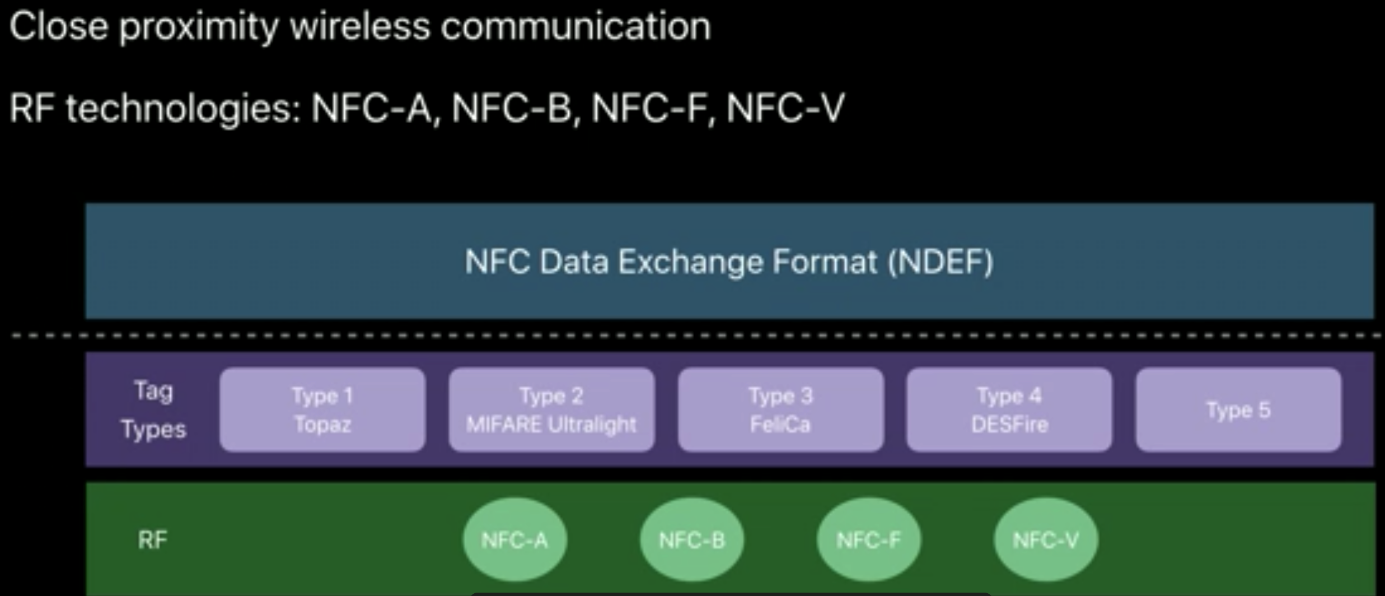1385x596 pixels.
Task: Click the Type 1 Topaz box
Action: [322, 409]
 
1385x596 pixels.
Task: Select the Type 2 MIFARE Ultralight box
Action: [551, 409]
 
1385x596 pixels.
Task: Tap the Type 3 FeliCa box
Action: [780, 409]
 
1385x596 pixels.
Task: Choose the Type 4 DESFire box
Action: [1009, 409]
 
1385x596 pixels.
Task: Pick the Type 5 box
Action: [1238, 409]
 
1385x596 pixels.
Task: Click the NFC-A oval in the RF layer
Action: [514, 539]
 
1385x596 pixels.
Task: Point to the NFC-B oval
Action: [692, 539]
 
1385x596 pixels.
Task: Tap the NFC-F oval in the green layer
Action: [869, 539]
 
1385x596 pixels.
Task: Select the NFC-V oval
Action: [1046, 539]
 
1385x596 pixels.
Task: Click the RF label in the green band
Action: [152, 540]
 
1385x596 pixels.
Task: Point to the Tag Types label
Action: [153, 410]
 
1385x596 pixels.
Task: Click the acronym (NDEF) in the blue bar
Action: [941, 262]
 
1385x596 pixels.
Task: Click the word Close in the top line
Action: [58, 27]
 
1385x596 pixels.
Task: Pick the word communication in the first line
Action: [575, 27]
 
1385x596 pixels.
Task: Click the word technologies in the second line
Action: [184, 109]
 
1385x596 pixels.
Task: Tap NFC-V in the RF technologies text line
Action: [785, 108]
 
